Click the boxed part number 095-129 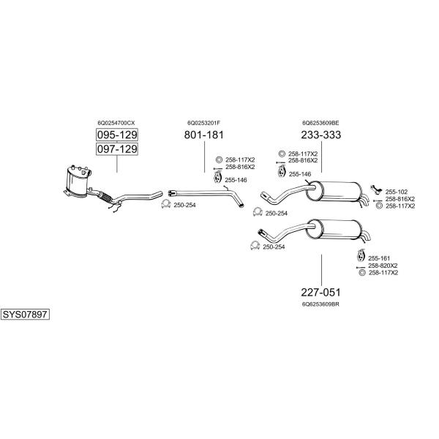tap(117, 135)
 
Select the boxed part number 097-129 tap(117, 149)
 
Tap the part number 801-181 tap(204, 135)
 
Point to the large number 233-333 tap(321, 135)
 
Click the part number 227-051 tap(321, 292)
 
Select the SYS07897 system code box tap(25, 315)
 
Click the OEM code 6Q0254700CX tap(116, 123)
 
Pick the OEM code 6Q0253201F tap(204, 123)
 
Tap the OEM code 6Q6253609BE tap(321, 123)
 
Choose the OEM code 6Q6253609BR tap(321, 304)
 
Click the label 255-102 tap(397, 192)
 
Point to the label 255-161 tap(379, 258)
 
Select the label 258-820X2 tap(383, 266)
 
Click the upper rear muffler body tap(333, 191)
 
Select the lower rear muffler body tap(333, 229)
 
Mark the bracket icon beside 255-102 tap(376, 190)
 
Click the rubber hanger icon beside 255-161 tap(360, 255)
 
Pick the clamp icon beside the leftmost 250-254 tap(166, 204)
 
